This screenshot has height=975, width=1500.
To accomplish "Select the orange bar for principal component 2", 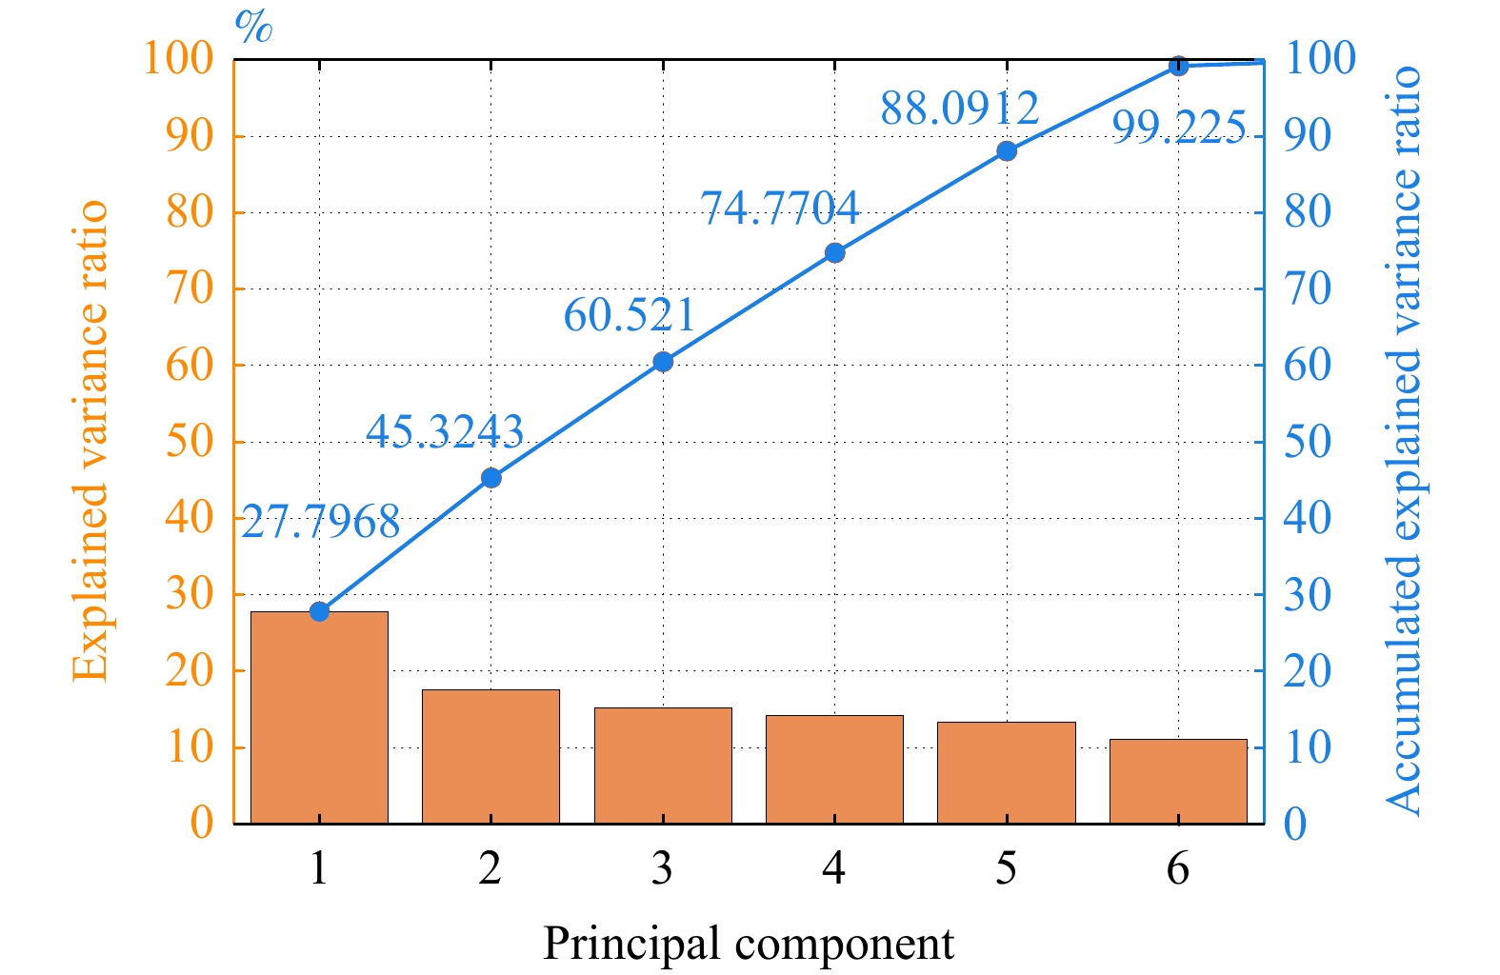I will pyautogui.click(x=490, y=756).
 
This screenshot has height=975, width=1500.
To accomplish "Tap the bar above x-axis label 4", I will pyautogui.click(x=834, y=768).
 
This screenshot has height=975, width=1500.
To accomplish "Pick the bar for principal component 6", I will pyautogui.click(x=1178, y=781).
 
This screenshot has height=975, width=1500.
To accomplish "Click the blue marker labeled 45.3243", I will pyautogui.click(x=491, y=477).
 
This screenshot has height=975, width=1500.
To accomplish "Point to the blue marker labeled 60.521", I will pyautogui.click(x=663, y=362).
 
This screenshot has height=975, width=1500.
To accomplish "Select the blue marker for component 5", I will pyautogui.click(x=1007, y=150).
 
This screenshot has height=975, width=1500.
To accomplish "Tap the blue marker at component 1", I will pyautogui.click(x=320, y=611).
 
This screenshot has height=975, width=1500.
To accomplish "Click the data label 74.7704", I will pyautogui.click(x=780, y=208).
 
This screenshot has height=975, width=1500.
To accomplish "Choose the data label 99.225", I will pyautogui.click(x=1179, y=127).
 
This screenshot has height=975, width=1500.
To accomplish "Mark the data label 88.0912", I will pyautogui.click(x=959, y=109).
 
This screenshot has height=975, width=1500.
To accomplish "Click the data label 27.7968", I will pyautogui.click(x=321, y=522).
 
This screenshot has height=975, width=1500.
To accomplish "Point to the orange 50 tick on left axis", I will pyautogui.click(x=190, y=442).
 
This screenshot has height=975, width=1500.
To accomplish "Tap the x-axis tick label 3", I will pyautogui.click(x=663, y=868).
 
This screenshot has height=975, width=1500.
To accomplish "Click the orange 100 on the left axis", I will pyautogui.click(x=179, y=59).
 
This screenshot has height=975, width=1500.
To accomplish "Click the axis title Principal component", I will pyautogui.click(x=749, y=944).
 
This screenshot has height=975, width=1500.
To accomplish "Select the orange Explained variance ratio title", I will pyautogui.click(x=90, y=441).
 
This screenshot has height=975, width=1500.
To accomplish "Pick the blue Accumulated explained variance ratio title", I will pyautogui.click(x=1403, y=441).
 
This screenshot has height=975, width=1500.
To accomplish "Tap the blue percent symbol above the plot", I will pyautogui.click(x=254, y=27).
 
